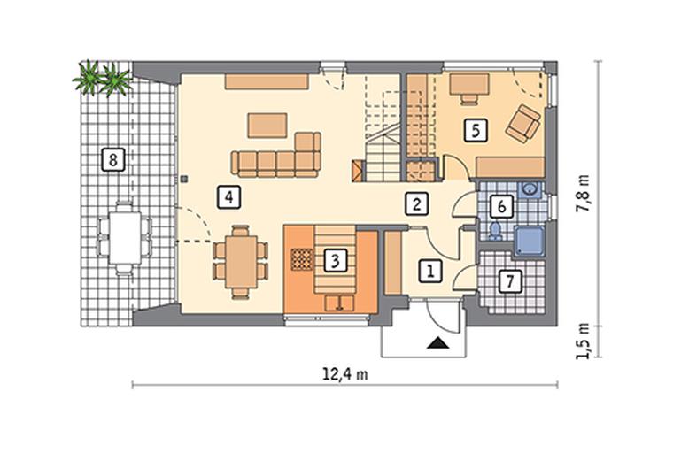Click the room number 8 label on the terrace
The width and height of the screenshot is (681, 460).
click(x=113, y=160)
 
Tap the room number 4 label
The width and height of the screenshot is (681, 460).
click(x=228, y=197)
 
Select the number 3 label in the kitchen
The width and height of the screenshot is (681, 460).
click(x=335, y=261)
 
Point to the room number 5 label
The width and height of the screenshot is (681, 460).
click(x=476, y=130)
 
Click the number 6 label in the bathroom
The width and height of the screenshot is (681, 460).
click(x=501, y=206)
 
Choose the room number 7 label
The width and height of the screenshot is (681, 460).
click(x=510, y=281)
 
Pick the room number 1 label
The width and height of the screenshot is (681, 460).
click(x=430, y=272)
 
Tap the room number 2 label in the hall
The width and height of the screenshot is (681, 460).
click(x=417, y=203)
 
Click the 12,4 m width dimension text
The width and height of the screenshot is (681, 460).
click(x=345, y=373)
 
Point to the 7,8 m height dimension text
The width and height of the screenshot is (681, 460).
click(x=583, y=193)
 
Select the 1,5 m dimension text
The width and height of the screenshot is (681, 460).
click(x=583, y=341)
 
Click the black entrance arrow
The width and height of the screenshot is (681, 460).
click(x=437, y=343)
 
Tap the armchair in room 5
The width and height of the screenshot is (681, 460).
click(x=522, y=124)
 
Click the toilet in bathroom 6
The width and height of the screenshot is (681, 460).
click(x=496, y=231)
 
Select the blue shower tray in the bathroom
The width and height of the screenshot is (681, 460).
click(x=529, y=241)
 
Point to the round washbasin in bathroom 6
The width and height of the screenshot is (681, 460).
click(x=530, y=189)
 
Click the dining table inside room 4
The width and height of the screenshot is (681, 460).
click(x=241, y=262)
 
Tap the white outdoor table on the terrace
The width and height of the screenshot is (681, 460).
click(x=125, y=237)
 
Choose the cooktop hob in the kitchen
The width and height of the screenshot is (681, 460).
click(x=302, y=259)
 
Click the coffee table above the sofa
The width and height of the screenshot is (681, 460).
click(x=267, y=126)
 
